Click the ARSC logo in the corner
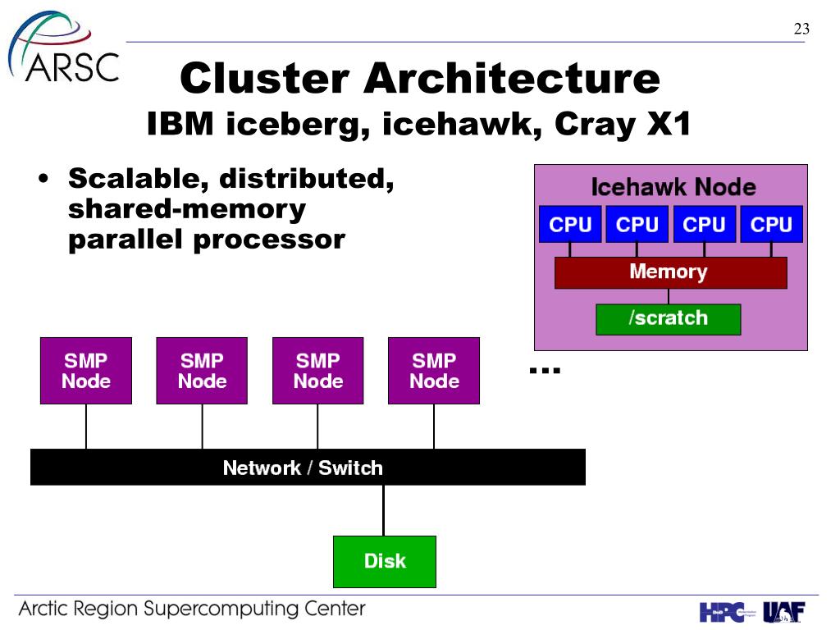(63, 47)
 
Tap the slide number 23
(801, 29)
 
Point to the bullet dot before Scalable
(43, 178)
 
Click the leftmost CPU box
(570, 224)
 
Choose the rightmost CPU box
(771, 224)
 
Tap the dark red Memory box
(671, 272)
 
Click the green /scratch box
(668, 319)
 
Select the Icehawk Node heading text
(673, 187)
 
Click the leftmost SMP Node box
(85, 371)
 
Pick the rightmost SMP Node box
(434, 371)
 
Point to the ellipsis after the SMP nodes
(545, 370)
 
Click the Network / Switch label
(303, 468)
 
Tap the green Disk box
(385, 561)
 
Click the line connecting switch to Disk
(384, 510)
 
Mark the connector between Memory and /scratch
(668, 297)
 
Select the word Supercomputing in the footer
(221, 609)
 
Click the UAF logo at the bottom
(783, 612)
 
